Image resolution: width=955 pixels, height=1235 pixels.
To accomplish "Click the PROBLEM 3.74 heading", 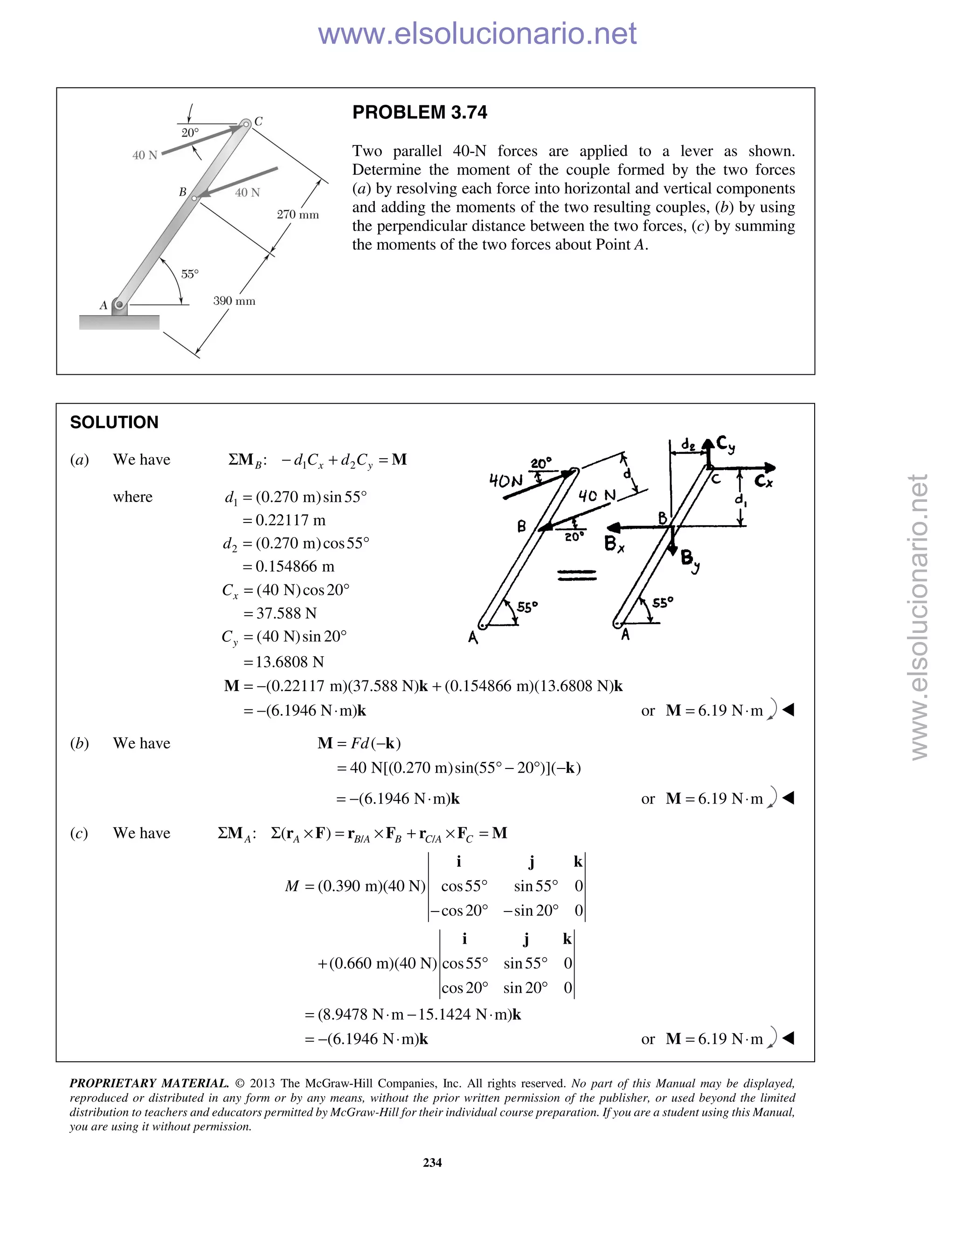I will pyautogui.click(x=419, y=112).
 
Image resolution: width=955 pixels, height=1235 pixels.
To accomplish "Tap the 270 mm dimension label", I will pyautogui.click(x=298, y=215).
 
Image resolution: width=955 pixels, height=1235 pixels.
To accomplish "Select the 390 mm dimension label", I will pyautogui.click(x=234, y=301).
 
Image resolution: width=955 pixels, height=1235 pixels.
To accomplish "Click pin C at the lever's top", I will pyautogui.click(x=246, y=124).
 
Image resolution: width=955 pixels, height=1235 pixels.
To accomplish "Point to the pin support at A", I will pyautogui.click(x=119, y=305).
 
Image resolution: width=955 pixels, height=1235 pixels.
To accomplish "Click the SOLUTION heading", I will pyautogui.click(x=114, y=422).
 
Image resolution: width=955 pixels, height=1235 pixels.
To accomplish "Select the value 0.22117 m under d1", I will pyautogui.click(x=290, y=520).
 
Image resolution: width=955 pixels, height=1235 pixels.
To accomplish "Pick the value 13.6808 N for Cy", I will pyautogui.click(x=290, y=662).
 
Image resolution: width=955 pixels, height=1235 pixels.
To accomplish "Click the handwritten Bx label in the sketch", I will pyautogui.click(x=614, y=544).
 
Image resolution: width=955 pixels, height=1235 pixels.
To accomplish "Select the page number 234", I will pyautogui.click(x=432, y=1163).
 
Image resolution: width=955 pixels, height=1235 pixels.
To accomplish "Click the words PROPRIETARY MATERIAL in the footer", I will pyautogui.click(x=149, y=1084).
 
